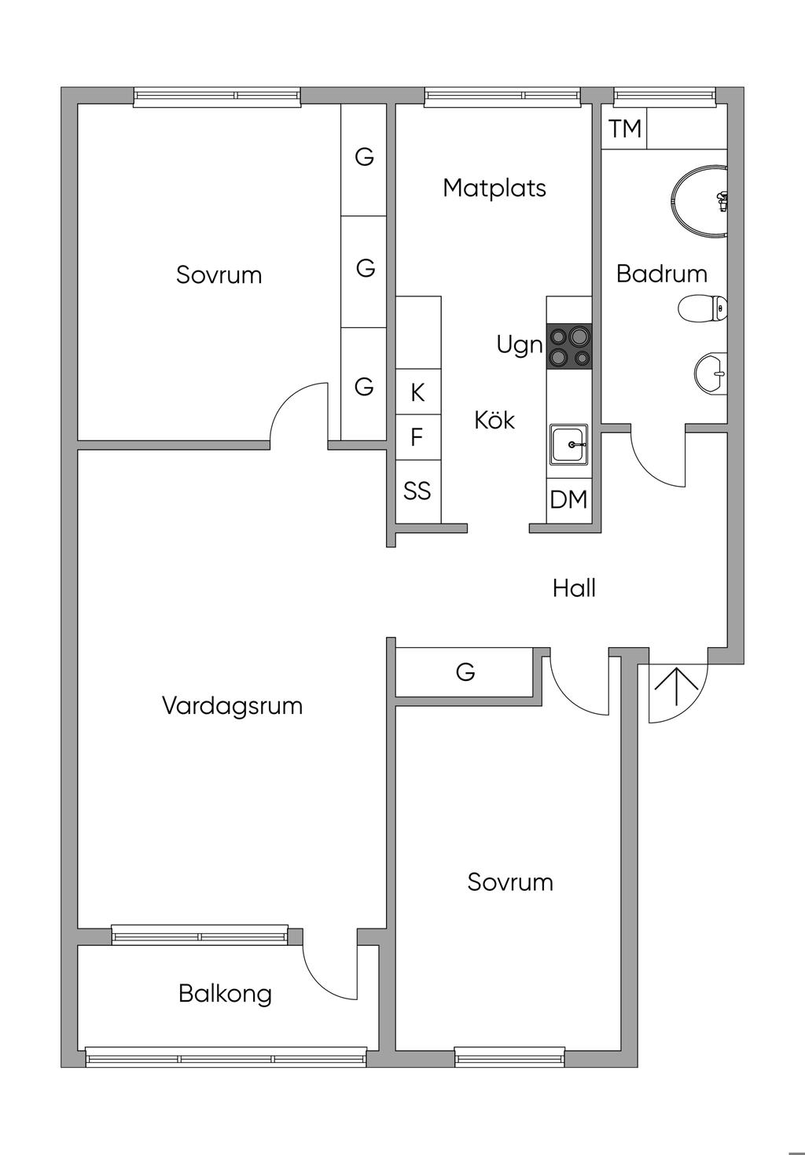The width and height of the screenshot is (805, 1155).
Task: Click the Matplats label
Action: tap(494, 188)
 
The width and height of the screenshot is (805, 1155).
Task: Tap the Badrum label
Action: tap(661, 274)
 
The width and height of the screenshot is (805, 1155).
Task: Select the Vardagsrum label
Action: tap(232, 705)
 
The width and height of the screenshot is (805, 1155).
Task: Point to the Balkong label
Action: tap(225, 993)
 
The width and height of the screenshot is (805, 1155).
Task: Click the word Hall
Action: tap(574, 588)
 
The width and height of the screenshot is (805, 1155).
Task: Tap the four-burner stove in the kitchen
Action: tap(569, 347)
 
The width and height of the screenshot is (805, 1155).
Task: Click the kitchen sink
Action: tap(568, 444)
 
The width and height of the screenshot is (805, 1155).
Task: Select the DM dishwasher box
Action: tap(568, 499)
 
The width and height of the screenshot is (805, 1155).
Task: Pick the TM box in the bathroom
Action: tap(625, 128)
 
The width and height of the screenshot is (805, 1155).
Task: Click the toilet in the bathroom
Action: tap(701, 308)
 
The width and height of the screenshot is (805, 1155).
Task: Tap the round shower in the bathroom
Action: tap(700, 200)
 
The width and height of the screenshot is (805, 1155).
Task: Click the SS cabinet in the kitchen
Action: tap(417, 491)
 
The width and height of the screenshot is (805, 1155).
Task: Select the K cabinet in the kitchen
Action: tap(417, 392)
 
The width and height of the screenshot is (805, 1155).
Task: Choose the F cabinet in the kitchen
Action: tap(417, 436)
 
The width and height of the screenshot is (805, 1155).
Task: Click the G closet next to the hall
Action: tap(465, 672)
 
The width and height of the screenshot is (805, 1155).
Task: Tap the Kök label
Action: tap(494, 421)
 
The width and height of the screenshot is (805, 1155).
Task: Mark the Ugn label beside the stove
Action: tap(519, 344)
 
